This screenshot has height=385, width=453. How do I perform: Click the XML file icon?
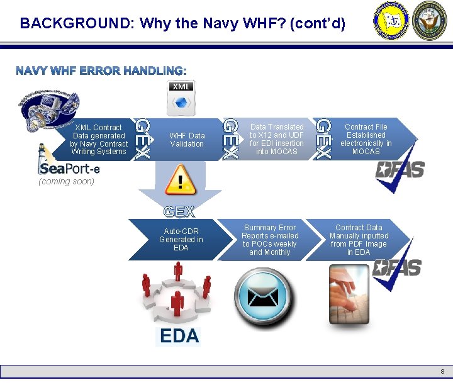coord(181,96)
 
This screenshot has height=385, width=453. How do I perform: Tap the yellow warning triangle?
coord(181,180)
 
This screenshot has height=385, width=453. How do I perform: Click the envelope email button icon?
coord(262,296)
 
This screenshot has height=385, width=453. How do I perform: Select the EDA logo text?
coord(179,336)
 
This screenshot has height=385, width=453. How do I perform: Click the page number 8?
coord(442,371)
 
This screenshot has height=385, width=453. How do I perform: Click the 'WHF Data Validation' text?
coord(187,140)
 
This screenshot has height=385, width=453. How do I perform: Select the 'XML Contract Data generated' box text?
coord(99,139)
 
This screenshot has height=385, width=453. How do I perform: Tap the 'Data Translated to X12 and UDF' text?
coord(276,139)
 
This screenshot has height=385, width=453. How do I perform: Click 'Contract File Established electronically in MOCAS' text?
coord(366,139)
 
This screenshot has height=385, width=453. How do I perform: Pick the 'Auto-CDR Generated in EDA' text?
coord(181,240)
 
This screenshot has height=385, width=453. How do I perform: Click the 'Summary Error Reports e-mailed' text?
coord(270,240)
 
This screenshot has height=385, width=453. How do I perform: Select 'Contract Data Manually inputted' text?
coord(359,240)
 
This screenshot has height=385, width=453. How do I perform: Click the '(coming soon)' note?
coord(66,182)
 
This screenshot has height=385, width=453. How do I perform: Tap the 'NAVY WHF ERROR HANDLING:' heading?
coord(101,70)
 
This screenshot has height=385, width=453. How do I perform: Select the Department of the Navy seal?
coord(429,21)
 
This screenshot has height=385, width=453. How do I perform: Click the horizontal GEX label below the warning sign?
coord(179,211)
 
